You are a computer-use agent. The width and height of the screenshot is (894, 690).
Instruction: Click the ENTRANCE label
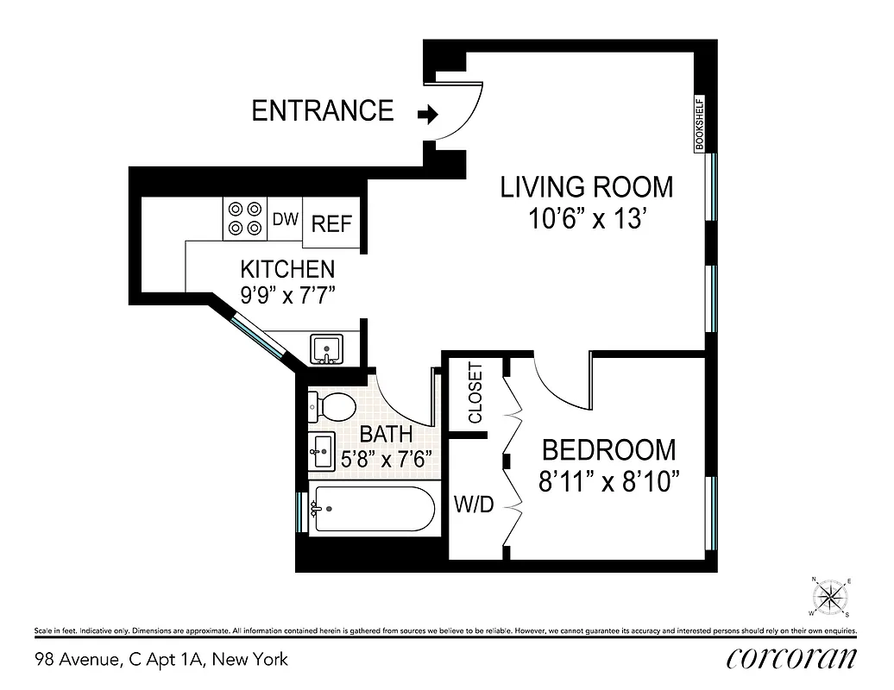click(322, 110)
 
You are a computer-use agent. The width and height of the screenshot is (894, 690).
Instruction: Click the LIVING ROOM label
click(587, 187)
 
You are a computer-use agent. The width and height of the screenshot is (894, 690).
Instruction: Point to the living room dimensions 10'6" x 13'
click(587, 219)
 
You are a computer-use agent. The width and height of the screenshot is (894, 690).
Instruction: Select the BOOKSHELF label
click(700, 124)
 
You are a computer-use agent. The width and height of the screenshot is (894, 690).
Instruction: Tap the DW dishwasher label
click(285, 219)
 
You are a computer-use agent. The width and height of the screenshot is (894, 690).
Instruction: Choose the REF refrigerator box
click(331, 223)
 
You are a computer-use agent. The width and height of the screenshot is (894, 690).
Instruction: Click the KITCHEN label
click(287, 268)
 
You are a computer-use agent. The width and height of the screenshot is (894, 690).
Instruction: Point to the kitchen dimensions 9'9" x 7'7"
click(287, 294)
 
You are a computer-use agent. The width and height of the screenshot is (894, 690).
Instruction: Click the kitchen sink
click(327, 349)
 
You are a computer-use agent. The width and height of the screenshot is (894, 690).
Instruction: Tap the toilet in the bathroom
click(332, 406)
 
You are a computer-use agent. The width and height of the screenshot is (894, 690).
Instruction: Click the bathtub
click(372, 510)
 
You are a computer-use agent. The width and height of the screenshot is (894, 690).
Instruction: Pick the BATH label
click(386, 433)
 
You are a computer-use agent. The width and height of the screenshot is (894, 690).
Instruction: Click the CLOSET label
click(475, 393)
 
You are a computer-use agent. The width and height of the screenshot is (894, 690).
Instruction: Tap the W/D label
click(474, 505)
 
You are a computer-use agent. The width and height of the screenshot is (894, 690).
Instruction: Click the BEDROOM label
click(608, 449)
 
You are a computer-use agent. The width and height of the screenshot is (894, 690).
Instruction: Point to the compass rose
click(831, 596)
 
